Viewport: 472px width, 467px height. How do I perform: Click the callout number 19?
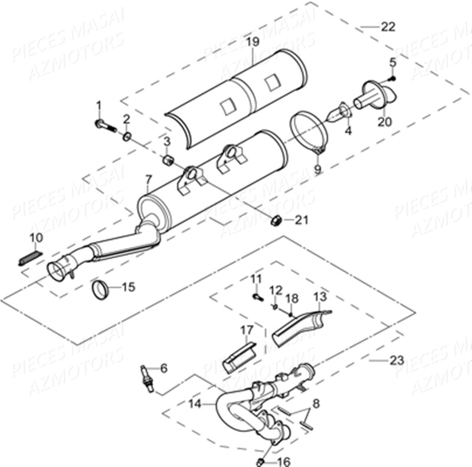(253, 41)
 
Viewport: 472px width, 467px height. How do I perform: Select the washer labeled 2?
(127, 137)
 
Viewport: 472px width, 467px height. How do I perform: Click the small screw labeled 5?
(392, 78)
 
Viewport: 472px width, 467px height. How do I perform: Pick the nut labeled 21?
(274, 221)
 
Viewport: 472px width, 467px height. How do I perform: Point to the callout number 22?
(388, 27)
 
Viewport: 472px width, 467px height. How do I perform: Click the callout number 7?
(147, 179)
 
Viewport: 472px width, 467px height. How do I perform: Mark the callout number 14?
(195, 404)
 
